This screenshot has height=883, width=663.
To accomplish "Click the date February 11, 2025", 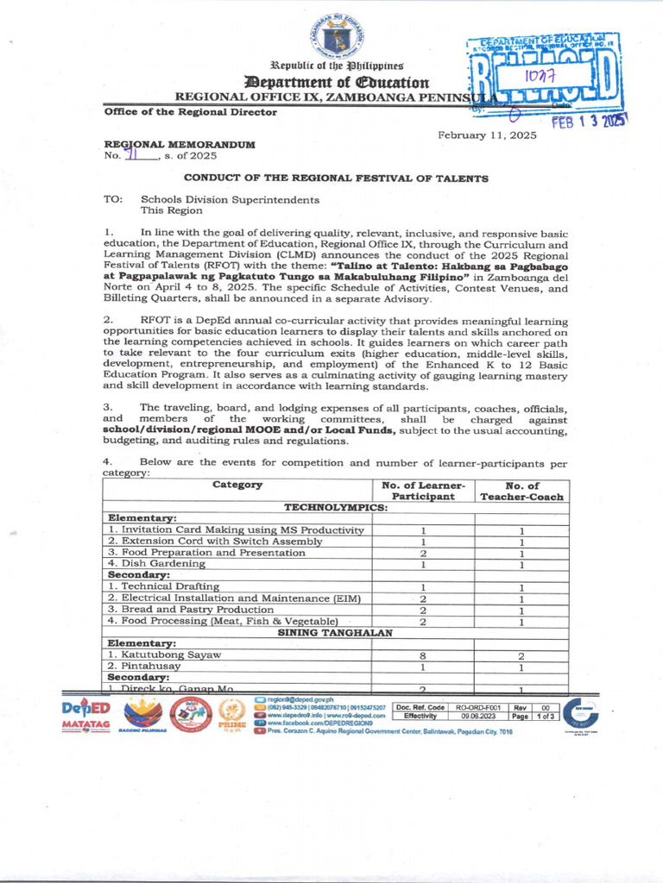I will tap(487, 135).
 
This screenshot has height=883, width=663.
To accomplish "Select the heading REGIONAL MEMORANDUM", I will tap(180, 144).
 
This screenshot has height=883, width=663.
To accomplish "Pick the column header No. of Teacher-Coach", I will tap(521, 491).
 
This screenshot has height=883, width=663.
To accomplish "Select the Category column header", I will tap(237, 485).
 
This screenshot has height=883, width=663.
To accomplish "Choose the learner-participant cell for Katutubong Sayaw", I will tap(423, 655).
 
